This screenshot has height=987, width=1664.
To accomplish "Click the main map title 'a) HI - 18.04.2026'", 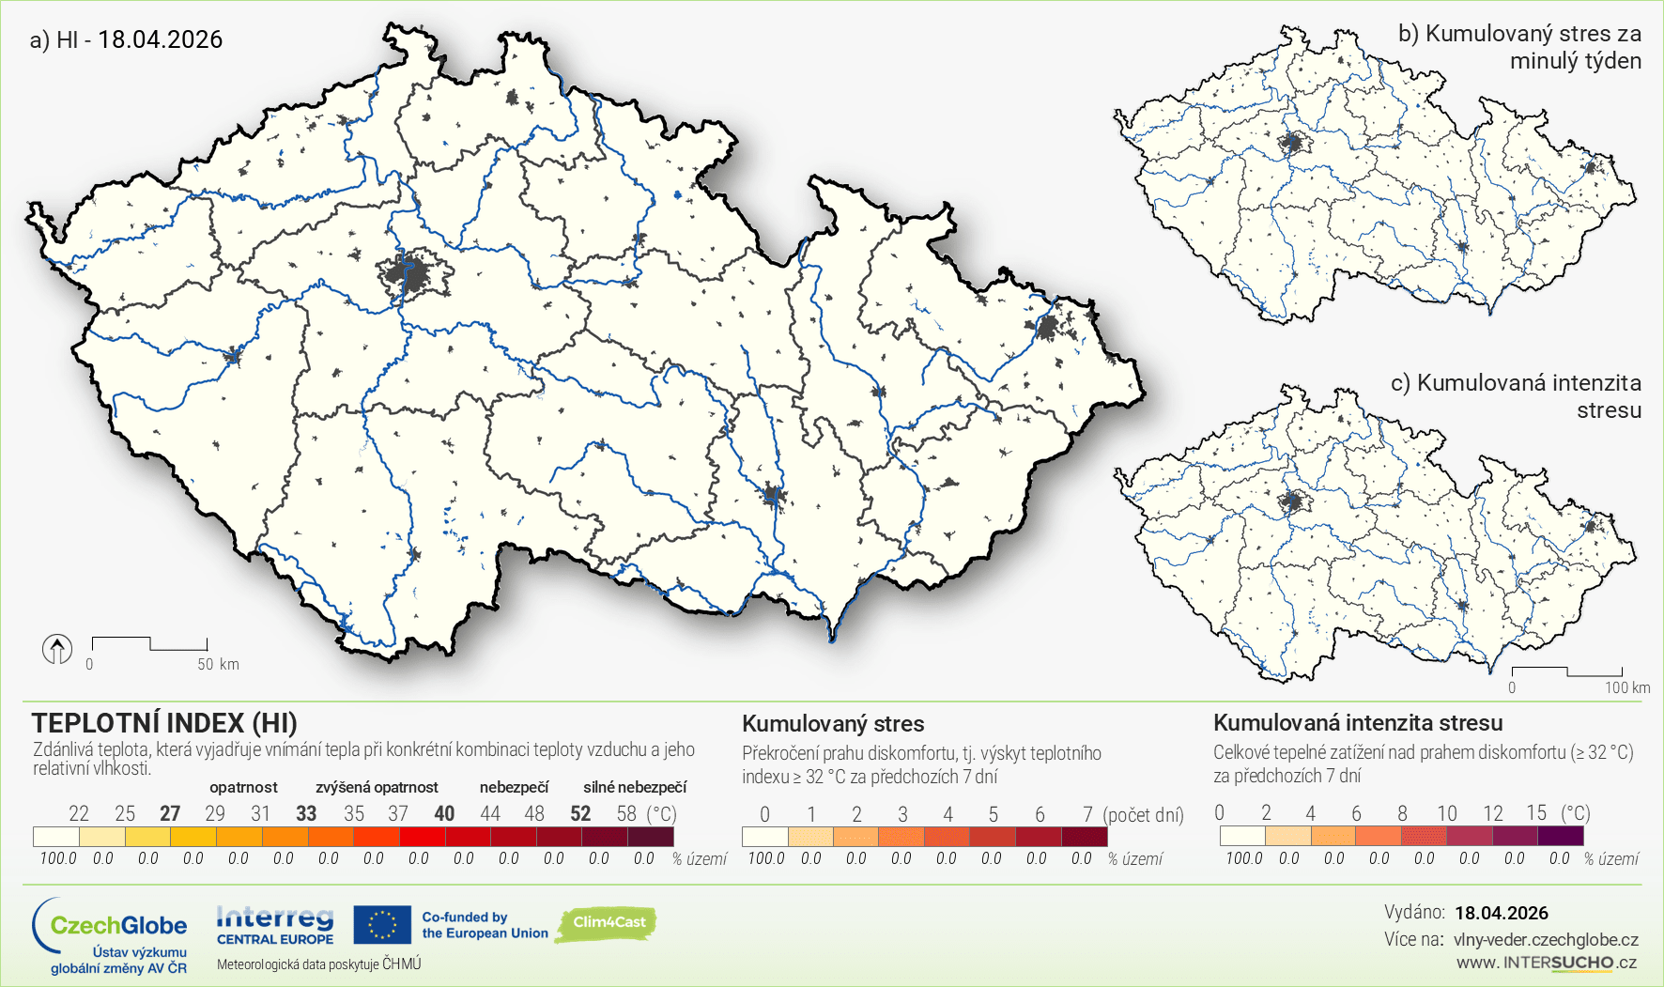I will click(x=126, y=39).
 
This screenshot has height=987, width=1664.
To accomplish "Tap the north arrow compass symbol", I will click(x=57, y=648).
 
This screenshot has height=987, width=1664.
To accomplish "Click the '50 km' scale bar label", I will click(x=218, y=664).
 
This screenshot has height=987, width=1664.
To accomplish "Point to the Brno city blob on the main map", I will click(x=772, y=495).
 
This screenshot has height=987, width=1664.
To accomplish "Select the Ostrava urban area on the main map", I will click(x=1047, y=328).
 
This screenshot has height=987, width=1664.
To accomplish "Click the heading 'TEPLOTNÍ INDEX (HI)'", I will click(x=164, y=723).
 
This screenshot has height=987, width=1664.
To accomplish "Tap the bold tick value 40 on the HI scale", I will click(x=444, y=813).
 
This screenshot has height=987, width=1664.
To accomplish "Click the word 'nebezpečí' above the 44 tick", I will click(x=514, y=787).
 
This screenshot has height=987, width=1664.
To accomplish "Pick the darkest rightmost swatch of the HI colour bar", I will click(x=651, y=836).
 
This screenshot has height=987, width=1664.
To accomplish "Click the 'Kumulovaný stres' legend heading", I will click(x=833, y=724).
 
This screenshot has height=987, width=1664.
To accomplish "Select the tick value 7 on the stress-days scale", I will click(x=1087, y=814).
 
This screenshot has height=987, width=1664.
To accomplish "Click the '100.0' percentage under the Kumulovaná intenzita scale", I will click(x=1243, y=858).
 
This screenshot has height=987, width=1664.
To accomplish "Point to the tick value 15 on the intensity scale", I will click(x=1536, y=812).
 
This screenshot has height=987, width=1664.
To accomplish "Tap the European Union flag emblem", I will click(x=382, y=924).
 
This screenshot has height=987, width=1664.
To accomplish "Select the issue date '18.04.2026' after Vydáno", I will click(x=1501, y=913).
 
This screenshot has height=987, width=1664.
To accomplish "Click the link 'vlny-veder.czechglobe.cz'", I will click(x=1546, y=939).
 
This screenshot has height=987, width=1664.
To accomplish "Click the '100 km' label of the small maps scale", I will click(x=1626, y=687).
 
